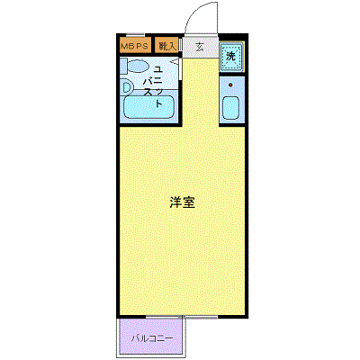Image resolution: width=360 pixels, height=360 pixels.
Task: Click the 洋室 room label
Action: [182, 202]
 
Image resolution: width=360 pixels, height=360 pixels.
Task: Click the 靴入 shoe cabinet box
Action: [166, 45]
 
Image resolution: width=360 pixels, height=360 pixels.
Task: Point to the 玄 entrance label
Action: [199, 45]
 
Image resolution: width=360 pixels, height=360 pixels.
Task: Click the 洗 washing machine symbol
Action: [230, 56]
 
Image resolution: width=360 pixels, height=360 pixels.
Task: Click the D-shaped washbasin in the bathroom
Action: [127, 88]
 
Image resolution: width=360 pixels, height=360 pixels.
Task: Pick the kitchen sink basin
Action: [230, 109]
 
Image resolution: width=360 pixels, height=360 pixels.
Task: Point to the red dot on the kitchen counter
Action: [230, 85]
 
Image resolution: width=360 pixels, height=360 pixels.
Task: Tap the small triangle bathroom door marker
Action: [175, 62]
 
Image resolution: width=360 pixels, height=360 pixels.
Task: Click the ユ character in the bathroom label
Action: [158, 69]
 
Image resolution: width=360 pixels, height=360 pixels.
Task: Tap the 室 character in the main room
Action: [189, 202]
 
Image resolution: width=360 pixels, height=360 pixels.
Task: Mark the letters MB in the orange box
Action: [127, 45]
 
